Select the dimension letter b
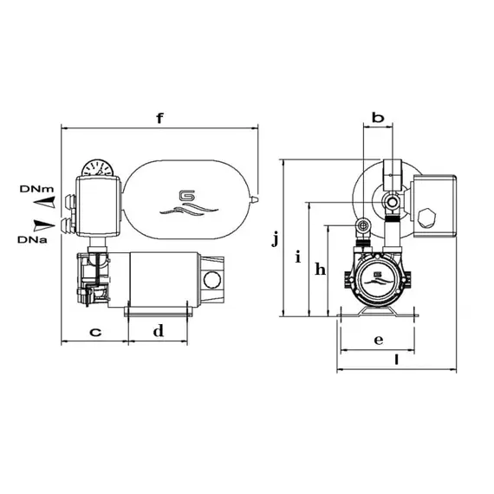(x=377, y=117)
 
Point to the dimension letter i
(x=298, y=257)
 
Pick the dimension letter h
(x=320, y=270)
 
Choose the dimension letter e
(x=379, y=340)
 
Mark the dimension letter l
(x=395, y=359)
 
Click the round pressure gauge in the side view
(x=97, y=165)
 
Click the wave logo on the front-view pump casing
(x=376, y=280)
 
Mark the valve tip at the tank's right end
(x=255, y=198)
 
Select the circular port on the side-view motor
(x=211, y=279)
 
